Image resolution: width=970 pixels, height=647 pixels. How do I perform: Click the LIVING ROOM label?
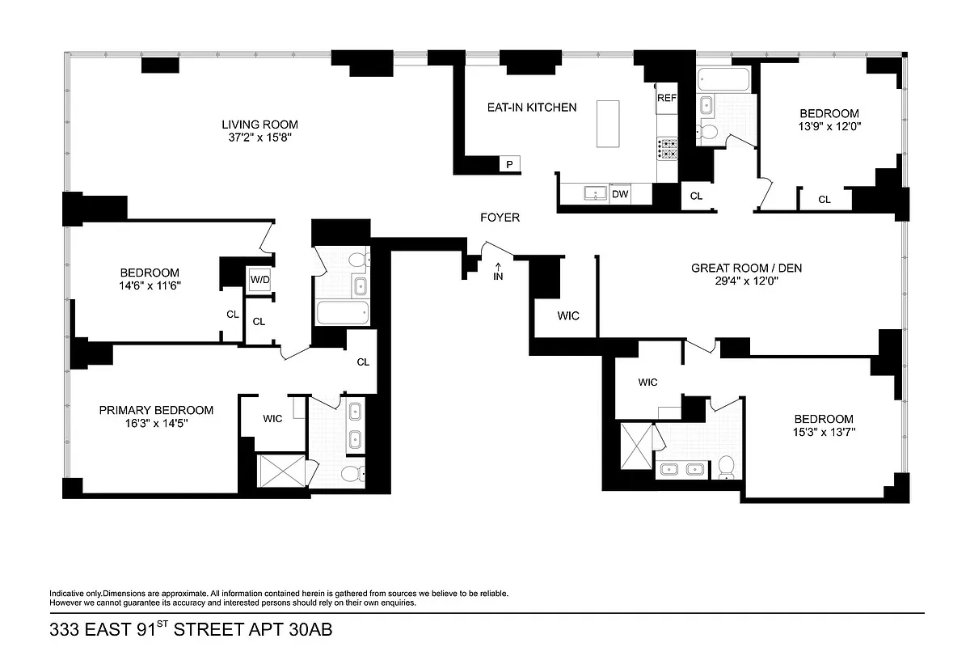(259, 125)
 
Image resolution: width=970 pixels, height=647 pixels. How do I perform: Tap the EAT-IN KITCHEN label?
(531, 107)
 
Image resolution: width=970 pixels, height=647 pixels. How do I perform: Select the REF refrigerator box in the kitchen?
(666, 98)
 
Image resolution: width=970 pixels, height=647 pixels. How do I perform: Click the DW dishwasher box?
(620, 194)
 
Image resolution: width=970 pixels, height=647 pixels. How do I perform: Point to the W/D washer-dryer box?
(259, 280)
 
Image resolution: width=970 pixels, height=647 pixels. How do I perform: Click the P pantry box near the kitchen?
(509, 164)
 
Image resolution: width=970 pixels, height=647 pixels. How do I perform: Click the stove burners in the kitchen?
(668, 147)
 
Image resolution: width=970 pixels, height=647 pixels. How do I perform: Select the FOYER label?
(500, 218)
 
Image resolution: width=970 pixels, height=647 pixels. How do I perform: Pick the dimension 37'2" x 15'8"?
(259, 137)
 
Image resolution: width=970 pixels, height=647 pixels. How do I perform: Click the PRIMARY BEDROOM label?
(156, 410)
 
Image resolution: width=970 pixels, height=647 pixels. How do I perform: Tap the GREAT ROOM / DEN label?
(746, 268)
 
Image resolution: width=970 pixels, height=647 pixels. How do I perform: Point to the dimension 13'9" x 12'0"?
(829, 127)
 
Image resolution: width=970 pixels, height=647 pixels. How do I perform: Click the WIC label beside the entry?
(568, 315)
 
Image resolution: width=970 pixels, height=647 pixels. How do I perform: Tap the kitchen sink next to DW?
(595, 194)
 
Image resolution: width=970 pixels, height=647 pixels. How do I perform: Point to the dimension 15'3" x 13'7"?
(823, 432)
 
